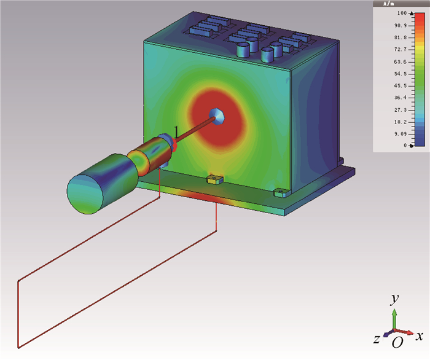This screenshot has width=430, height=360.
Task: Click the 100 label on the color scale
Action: coord(402,13)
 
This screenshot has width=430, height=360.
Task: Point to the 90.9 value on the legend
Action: coord(401,26)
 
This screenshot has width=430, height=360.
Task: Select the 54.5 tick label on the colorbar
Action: coord(401,74)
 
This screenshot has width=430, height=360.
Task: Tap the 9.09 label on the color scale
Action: coord(401,134)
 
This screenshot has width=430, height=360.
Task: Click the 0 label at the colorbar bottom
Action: coord(405,146)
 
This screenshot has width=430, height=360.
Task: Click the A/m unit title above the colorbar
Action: coord(389,4)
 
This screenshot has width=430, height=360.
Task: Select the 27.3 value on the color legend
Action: coord(401,110)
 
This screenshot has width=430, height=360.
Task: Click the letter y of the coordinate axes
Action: coord(394,299)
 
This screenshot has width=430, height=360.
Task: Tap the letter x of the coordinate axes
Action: coord(419,336)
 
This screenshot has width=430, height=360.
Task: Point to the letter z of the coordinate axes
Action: coord(377,340)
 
